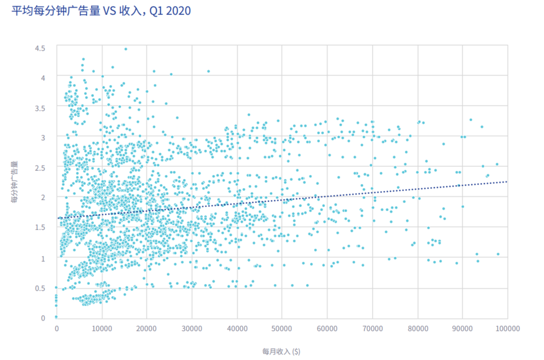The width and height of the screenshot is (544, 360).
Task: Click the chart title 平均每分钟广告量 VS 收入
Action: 56,11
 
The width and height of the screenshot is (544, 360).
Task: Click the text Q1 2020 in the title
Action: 170,11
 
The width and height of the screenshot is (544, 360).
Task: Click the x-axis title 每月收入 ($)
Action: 281,351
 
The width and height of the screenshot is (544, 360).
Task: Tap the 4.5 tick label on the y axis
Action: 40,48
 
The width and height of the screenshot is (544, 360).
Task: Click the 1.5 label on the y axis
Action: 40,227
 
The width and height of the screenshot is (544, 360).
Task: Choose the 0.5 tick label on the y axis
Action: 40,288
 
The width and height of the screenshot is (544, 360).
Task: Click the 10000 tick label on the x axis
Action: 102,328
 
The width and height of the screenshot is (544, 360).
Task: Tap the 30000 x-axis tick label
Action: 192,328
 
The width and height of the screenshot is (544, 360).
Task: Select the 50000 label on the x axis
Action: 282,328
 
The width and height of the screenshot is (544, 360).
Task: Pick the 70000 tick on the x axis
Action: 372,328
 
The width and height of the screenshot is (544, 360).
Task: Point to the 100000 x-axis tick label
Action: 507,328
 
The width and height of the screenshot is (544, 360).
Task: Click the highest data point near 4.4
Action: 125,49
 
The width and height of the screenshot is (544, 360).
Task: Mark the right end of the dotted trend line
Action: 507,181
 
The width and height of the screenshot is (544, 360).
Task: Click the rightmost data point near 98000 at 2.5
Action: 497,164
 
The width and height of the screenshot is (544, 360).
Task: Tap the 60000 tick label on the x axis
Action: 327,328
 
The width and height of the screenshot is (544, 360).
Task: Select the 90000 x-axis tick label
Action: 462,328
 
